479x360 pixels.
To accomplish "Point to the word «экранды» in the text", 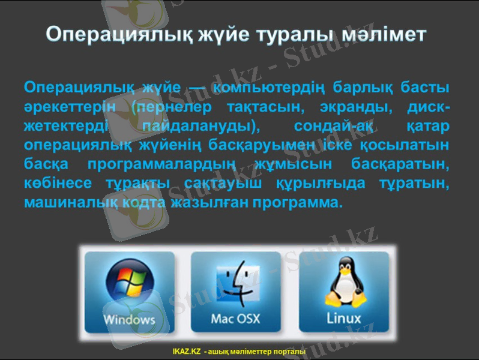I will point(341,107).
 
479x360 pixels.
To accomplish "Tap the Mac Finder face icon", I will point(235,282).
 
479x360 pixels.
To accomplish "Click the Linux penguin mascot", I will point(343,280).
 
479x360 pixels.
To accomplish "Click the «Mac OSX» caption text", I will point(235,318).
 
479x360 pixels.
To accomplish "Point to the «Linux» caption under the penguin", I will point(343,317).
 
